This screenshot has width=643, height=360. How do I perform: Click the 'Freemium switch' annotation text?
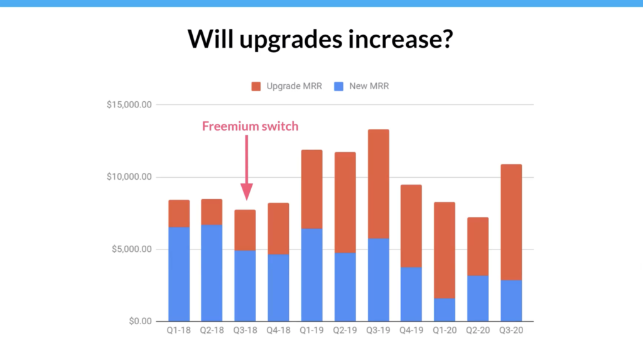250,126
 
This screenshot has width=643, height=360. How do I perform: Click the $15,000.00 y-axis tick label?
129,105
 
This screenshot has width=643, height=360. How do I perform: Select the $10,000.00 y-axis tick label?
129,177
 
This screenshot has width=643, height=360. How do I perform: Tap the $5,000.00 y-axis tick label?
131,249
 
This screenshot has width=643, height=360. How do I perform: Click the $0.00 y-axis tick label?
137,322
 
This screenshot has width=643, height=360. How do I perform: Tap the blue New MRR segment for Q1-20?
445,310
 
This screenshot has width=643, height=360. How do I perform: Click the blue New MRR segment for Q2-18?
212,273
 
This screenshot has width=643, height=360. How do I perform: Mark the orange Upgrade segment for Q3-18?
246,230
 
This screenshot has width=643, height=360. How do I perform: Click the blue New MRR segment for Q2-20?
478,298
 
